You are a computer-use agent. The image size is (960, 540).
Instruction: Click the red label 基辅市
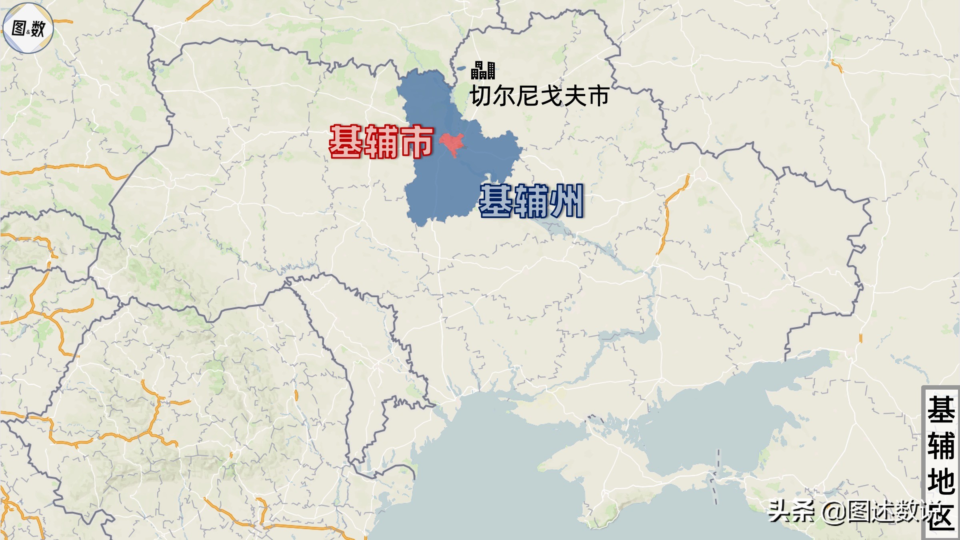tap(381, 142)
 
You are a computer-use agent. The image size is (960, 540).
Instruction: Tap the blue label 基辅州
tap(531, 201)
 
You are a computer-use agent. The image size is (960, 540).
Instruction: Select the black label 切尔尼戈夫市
tap(540, 96)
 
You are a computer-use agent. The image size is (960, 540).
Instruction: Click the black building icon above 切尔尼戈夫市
tap(483, 70)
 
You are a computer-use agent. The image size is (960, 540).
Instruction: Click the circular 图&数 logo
tap(28, 28)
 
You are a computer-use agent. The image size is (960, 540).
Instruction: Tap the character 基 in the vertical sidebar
tap(941, 410)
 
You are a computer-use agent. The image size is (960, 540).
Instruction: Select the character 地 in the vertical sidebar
tap(941, 482)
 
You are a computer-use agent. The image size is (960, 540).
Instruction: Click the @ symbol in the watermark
tap(834, 512)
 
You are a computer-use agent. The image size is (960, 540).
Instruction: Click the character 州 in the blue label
tap(566, 201)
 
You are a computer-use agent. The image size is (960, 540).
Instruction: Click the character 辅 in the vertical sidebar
tap(941, 446)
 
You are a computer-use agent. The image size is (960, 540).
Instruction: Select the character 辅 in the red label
tap(381, 142)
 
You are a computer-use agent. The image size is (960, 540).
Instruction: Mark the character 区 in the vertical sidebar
tap(942, 516)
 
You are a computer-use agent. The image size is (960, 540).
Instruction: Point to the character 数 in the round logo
tap(38, 29)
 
